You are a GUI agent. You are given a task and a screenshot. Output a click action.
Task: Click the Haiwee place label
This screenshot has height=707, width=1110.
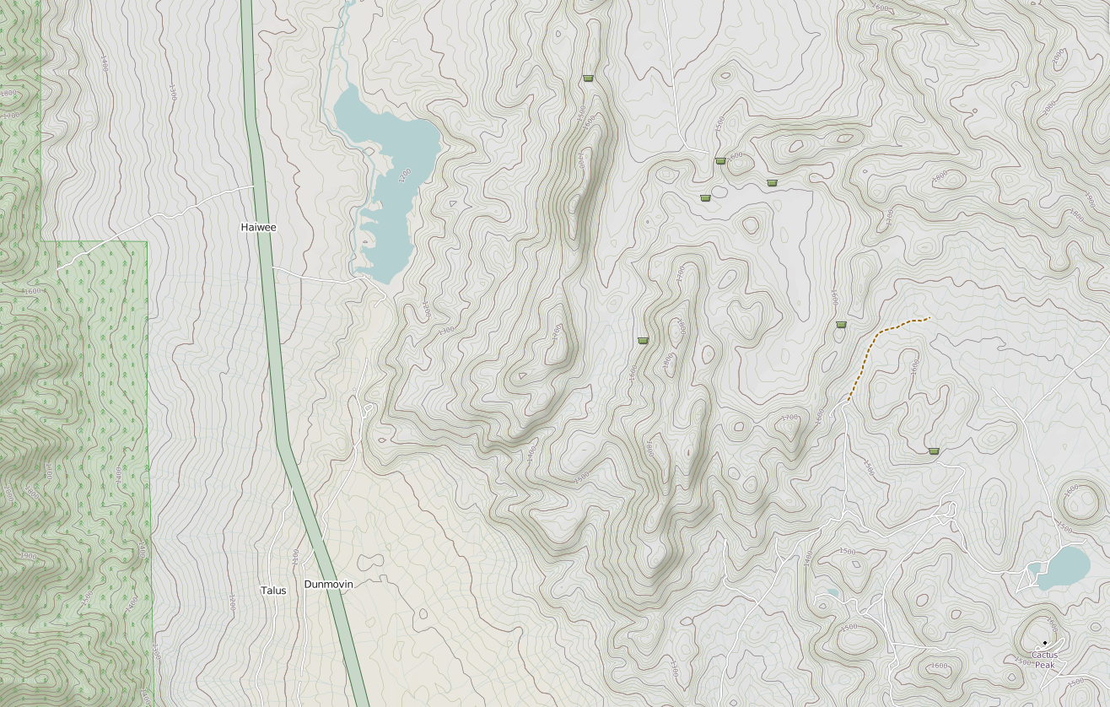[x=258, y=227]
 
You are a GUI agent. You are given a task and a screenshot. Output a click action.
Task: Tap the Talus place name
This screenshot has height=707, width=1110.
[x=273, y=591]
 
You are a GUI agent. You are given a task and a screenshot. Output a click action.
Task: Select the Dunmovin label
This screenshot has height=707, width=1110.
[x=328, y=584]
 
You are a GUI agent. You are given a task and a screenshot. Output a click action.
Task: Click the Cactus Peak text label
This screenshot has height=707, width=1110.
[x=1044, y=660]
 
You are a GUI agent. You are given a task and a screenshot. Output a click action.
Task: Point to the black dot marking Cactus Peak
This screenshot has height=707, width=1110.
[x=1045, y=643]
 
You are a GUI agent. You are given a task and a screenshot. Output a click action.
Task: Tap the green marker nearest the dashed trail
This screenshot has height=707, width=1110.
[x=841, y=324]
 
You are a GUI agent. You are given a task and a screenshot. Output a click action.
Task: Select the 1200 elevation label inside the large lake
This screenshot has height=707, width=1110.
[x=403, y=175]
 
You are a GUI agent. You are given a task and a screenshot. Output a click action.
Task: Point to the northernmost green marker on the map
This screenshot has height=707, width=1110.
[x=588, y=78]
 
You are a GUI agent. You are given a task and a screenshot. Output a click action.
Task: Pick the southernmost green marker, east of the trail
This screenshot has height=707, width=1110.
[x=934, y=451]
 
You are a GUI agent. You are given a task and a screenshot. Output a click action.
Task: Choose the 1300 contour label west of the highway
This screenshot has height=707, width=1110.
[x=172, y=91]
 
